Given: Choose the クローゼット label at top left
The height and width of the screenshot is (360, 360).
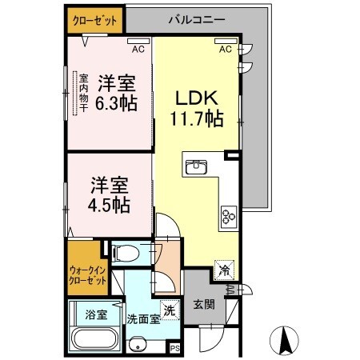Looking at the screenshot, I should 95,18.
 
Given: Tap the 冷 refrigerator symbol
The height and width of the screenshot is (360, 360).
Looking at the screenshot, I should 226,270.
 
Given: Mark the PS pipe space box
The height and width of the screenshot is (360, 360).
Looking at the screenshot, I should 175,349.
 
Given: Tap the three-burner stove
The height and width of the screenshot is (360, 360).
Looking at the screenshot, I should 229,214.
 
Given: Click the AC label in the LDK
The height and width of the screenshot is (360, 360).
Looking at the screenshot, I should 226,49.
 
